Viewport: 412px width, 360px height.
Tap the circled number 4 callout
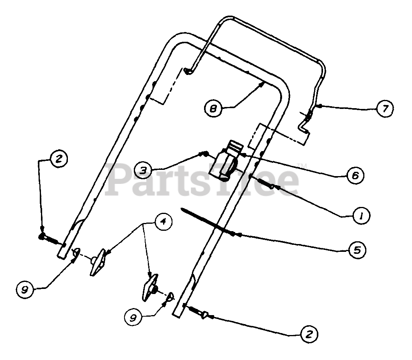pyautogui.click(x=163, y=222)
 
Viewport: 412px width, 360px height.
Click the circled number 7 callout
pyautogui.click(x=385, y=109)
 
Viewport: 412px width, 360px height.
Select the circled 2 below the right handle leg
pyautogui.click(x=309, y=334)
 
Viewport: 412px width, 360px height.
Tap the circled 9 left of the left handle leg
pyautogui.click(x=25, y=289)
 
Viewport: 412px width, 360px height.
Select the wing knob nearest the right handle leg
pyautogui.click(x=150, y=287)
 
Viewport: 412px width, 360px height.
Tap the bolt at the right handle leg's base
pyautogui.click(x=200, y=312)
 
